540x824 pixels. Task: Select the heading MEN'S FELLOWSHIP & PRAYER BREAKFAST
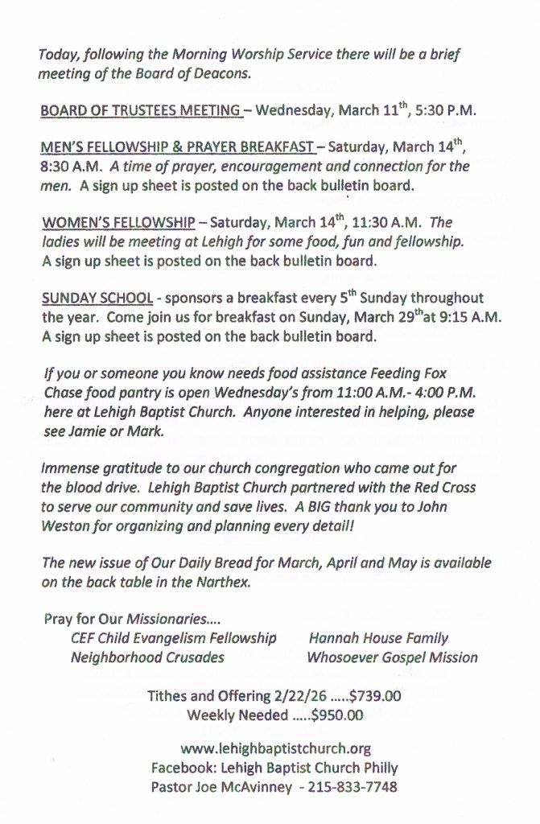pos(177,147)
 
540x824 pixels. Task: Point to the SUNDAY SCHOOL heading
pos(97,297)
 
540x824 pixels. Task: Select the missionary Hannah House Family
pos(378,638)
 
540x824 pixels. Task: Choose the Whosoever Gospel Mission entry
pos(392,657)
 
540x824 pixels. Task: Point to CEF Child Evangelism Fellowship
pos(173,638)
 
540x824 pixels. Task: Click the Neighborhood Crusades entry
pos(147,657)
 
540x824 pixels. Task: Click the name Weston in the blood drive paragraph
pos(66,525)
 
